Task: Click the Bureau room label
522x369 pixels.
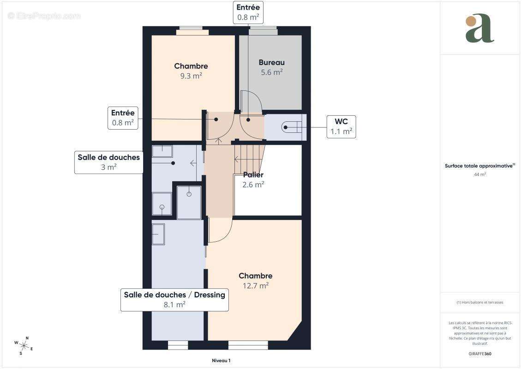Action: click(x=271, y=62)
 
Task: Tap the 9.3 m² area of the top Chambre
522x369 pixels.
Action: click(x=191, y=76)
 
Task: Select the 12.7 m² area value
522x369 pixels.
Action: click(x=255, y=286)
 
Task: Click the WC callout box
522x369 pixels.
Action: click(x=341, y=127)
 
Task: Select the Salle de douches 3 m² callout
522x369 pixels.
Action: click(x=108, y=162)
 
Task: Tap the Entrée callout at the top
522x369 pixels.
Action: click(x=248, y=12)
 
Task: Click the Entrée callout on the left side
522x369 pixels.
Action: click(x=123, y=118)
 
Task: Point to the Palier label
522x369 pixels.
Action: click(x=253, y=175)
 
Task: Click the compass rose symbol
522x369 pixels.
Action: click(x=24, y=345)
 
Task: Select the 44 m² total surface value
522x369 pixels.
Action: click(x=480, y=174)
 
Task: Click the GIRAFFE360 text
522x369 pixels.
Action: click(x=480, y=354)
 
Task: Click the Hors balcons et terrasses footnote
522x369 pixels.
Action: click(x=480, y=303)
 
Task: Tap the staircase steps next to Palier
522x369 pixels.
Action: click(x=249, y=157)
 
